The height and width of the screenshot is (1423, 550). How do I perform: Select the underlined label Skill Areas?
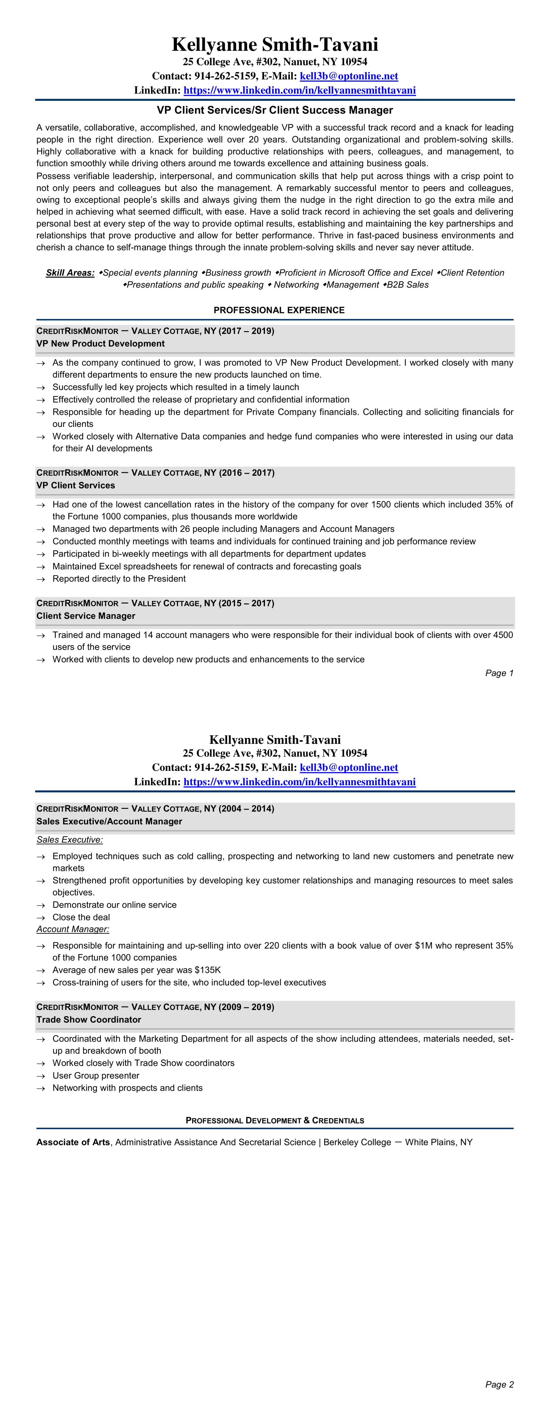[x=70, y=273]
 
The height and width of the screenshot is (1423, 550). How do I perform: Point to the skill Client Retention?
[x=472, y=273]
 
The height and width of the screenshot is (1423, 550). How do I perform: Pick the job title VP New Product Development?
[x=101, y=343]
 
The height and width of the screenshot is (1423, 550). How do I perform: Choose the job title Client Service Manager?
[x=86, y=616]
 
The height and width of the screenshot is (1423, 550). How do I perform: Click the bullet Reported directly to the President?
[x=119, y=579]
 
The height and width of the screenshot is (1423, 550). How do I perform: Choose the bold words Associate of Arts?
[x=73, y=1142]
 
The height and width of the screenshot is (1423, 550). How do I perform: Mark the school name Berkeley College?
[x=357, y=1142]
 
